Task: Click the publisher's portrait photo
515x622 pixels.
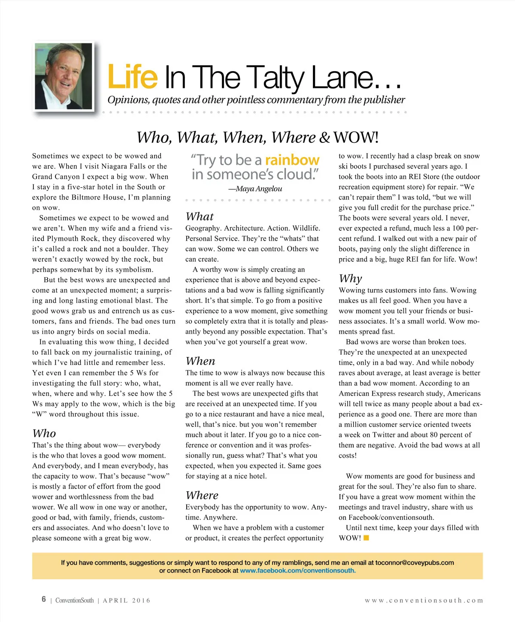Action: click(64, 76)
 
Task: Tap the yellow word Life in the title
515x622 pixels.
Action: click(132, 77)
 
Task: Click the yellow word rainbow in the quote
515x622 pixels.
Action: click(292, 160)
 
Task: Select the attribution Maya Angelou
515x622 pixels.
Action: click(259, 189)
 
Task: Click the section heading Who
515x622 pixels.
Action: click(44, 433)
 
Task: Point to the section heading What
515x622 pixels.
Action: click(200, 217)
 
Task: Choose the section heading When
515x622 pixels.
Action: click(200, 361)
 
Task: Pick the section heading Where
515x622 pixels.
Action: click(202, 495)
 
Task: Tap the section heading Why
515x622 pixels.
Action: click(350, 279)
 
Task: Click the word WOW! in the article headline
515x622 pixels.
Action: click(356, 138)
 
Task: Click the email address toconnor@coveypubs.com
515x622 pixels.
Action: click(415, 562)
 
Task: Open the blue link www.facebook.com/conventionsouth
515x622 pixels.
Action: click(298, 571)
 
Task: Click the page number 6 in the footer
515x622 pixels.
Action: click(44, 599)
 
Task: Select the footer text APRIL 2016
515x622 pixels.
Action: click(127, 601)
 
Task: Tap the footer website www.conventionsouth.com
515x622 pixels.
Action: click(424, 601)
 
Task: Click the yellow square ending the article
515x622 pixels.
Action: click(367, 537)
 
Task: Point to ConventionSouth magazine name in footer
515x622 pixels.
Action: click(74, 601)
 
